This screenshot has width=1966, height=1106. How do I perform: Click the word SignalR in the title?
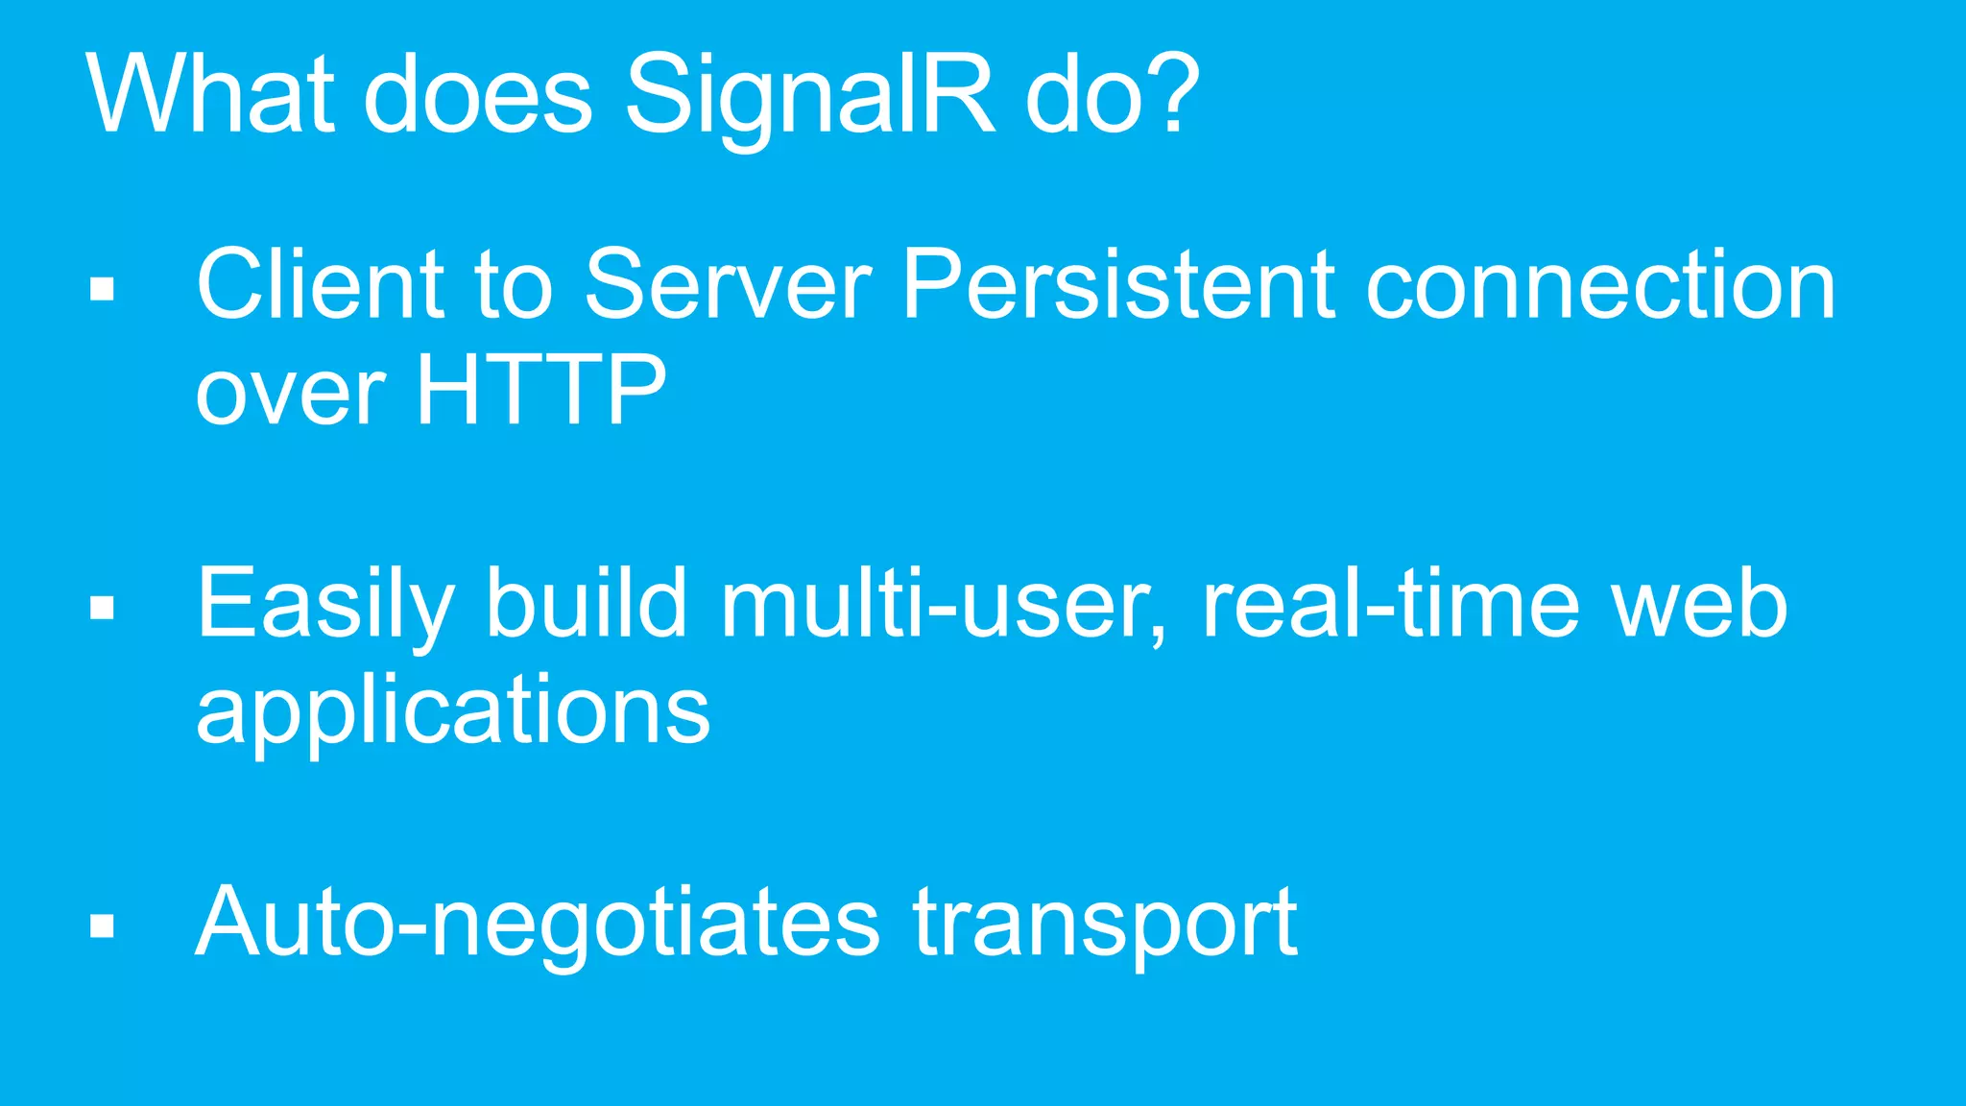[x=809, y=96]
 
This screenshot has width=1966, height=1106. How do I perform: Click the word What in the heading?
[x=210, y=94]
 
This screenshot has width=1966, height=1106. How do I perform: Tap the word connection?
[x=1600, y=286]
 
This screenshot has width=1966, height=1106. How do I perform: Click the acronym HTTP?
[x=540, y=390]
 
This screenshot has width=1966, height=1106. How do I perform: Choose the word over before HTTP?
[x=290, y=394]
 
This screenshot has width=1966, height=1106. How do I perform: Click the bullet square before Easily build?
[x=102, y=608]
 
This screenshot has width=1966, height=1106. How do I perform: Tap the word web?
[x=1699, y=605]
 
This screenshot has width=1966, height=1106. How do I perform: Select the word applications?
[x=452, y=711]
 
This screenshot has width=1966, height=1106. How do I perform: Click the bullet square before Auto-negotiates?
[x=102, y=925]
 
